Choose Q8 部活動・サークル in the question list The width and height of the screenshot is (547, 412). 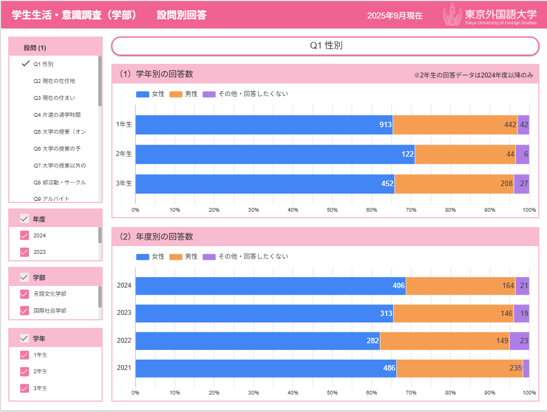60,182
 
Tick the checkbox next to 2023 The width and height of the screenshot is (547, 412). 24,252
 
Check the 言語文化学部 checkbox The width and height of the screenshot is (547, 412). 24,294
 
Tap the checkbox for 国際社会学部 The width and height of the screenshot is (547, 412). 24,311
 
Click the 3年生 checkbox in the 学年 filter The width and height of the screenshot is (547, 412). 24,389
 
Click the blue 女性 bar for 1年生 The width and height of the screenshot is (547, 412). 262,125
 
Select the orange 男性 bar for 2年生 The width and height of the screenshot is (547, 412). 464,154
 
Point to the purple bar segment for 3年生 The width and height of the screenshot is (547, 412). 521,184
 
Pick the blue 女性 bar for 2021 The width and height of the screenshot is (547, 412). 262,368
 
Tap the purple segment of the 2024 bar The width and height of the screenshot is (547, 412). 522,286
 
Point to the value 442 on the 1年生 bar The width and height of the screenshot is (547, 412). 510,125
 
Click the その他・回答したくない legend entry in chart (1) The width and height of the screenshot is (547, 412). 245,94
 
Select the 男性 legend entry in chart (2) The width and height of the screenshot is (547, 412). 184,256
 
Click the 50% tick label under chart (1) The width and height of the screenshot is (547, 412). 332,210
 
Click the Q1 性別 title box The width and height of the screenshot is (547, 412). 325,46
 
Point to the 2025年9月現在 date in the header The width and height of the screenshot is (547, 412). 395,16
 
